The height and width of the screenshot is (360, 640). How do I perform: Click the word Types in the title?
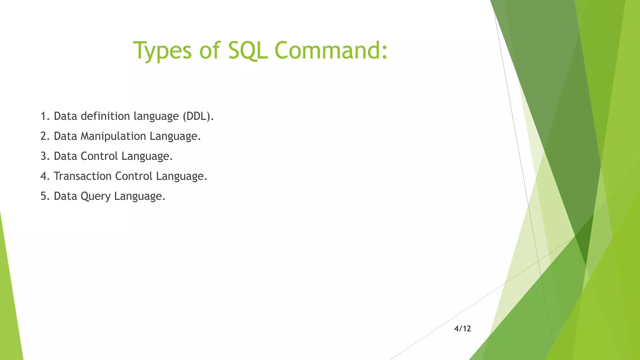pyautogui.click(x=162, y=51)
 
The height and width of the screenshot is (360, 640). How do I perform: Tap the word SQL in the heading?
pyautogui.click(x=248, y=51)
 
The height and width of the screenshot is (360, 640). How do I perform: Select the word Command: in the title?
pyautogui.click(x=331, y=51)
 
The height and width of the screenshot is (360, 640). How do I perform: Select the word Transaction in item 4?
pyautogui.click(x=82, y=176)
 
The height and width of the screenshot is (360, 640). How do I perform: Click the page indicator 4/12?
pyautogui.click(x=462, y=329)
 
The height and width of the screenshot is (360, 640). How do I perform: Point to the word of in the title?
pyautogui.click(x=210, y=51)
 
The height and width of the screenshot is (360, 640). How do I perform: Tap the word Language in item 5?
pyautogui.click(x=139, y=196)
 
